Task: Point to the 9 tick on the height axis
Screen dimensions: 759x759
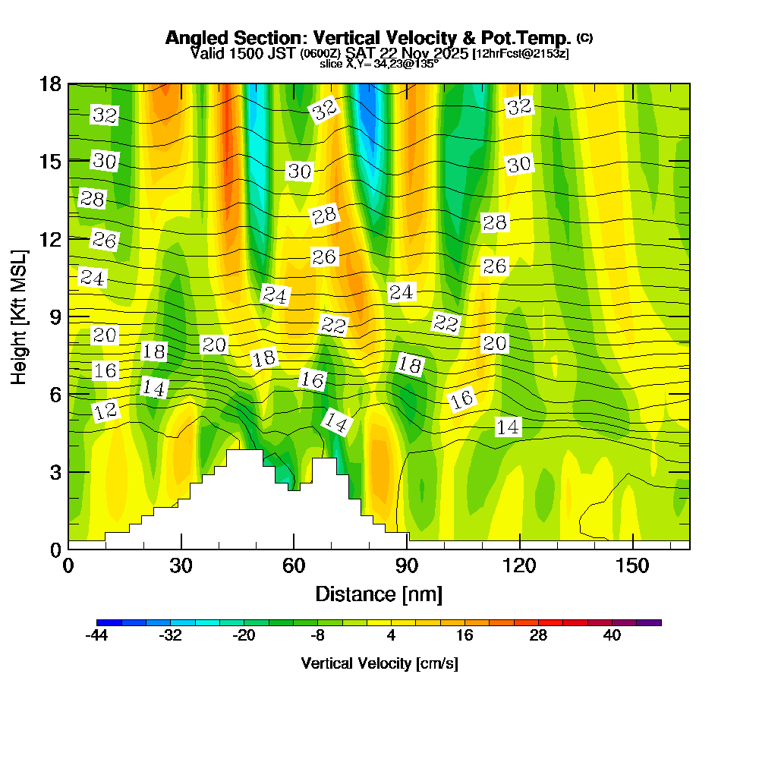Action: click(x=68, y=316)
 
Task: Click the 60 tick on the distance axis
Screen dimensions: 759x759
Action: click(x=294, y=549)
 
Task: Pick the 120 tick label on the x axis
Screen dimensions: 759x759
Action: click(x=519, y=566)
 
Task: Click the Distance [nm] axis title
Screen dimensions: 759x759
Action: click(x=379, y=594)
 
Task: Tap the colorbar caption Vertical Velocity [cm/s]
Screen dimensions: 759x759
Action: click(x=379, y=663)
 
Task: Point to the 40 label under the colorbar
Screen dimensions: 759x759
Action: click(x=612, y=636)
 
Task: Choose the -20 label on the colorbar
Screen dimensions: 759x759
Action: click(x=244, y=636)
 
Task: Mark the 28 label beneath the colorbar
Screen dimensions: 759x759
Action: click(x=538, y=636)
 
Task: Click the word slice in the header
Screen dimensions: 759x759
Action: click(x=332, y=65)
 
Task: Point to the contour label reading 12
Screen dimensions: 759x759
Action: click(x=106, y=411)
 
